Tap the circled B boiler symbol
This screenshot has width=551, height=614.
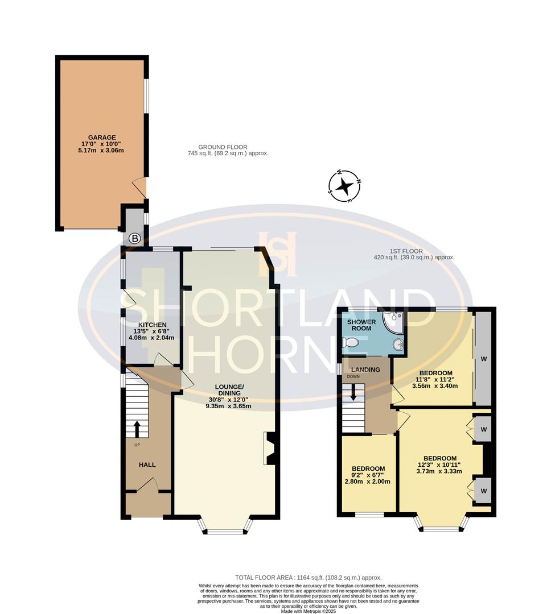point(134,239)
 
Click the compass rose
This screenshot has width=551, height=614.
point(345,186)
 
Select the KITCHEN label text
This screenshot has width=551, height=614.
point(151,326)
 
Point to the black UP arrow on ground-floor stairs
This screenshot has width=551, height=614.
point(137,428)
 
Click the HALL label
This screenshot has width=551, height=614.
point(147,464)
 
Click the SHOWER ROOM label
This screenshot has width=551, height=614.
point(360,325)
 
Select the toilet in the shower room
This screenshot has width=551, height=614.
point(350,342)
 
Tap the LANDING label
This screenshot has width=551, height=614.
point(365,370)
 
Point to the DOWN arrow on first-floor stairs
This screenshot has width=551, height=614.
point(353,392)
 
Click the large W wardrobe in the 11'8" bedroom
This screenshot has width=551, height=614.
point(484,359)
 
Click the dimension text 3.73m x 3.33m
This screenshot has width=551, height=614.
point(439,471)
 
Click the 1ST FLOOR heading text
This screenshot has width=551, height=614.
point(406,251)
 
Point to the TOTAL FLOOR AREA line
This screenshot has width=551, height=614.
point(308,578)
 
